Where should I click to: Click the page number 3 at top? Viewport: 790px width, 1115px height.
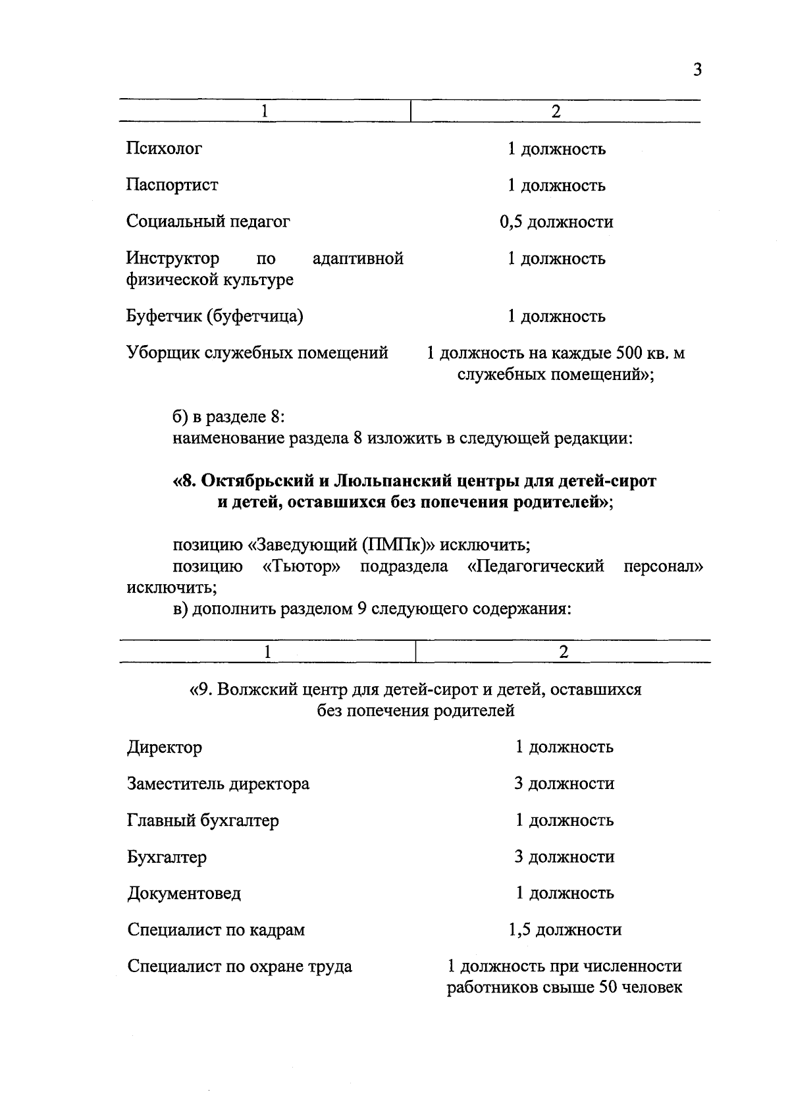coord(698,70)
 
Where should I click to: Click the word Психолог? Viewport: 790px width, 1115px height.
coord(164,149)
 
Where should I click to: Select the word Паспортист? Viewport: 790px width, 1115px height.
coord(172,185)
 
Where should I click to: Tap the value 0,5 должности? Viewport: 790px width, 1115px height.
coord(556,222)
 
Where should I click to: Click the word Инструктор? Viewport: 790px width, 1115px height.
coord(172,258)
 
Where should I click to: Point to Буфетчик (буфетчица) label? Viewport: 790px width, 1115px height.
coord(215,317)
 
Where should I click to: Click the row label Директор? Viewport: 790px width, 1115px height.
coord(165,748)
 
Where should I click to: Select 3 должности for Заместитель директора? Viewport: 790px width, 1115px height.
coord(564,784)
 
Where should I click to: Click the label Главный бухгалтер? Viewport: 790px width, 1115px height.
coord(203,821)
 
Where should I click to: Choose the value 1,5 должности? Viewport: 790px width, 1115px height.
coord(564,930)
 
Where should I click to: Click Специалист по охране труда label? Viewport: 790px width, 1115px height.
coord(240,967)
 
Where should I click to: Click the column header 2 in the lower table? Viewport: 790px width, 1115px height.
coord(563,652)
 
